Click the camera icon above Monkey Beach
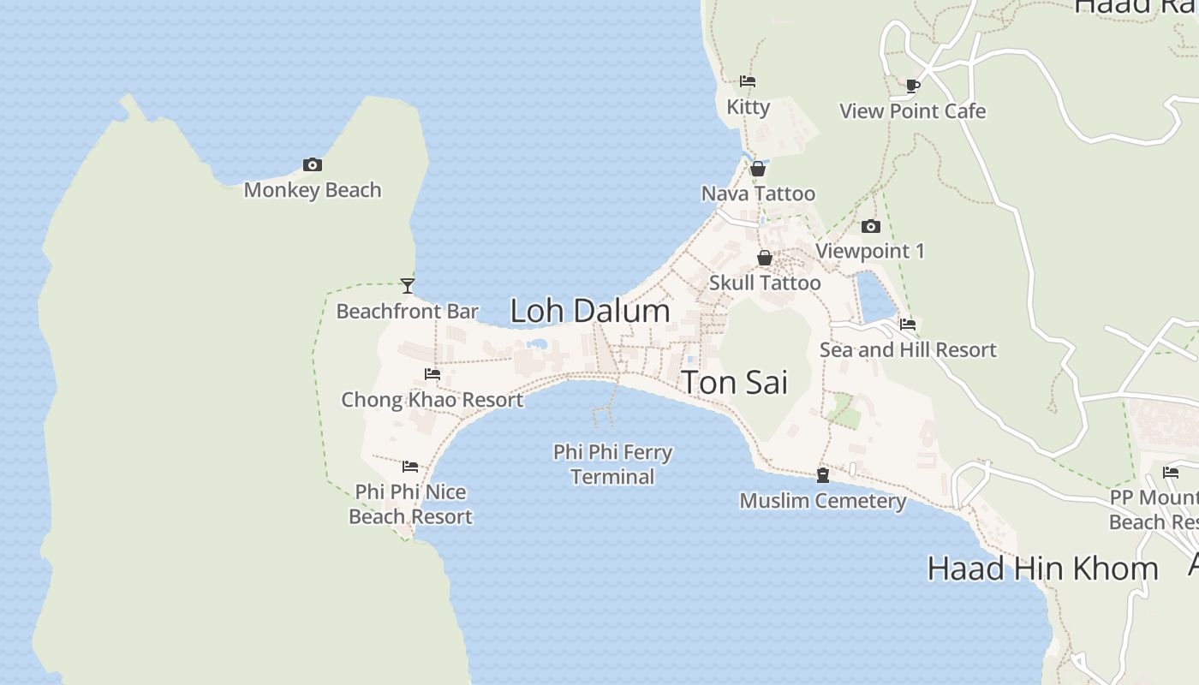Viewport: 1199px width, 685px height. point(313,164)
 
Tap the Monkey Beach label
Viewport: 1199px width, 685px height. point(313,190)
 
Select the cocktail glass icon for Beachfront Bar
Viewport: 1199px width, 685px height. point(408,286)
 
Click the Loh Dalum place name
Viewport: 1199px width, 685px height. point(590,310)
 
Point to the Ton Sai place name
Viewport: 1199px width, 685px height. point(734,383)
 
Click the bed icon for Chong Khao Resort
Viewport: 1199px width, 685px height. point(432,374)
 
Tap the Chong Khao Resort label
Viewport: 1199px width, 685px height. point(432,400)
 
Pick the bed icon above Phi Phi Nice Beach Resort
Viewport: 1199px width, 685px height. point(410,467)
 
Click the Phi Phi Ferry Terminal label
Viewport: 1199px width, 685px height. point(612,464)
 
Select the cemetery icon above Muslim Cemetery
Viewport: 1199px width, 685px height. point(823,474)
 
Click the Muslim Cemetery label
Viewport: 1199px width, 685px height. point(823,501)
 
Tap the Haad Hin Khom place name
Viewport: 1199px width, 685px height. point(1042,569)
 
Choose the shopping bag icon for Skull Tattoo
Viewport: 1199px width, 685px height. point(765,258)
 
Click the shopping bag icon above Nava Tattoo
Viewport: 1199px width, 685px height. point(758,169)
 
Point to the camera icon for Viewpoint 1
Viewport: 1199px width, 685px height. point(871,226)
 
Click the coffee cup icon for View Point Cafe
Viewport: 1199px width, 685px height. point(913,86)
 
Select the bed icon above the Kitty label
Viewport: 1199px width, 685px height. point(748,81)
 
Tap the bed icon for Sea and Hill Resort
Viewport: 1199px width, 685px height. point(908,325)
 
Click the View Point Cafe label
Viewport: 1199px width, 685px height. point(912,111)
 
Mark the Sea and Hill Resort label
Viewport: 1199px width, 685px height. point(908,350)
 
